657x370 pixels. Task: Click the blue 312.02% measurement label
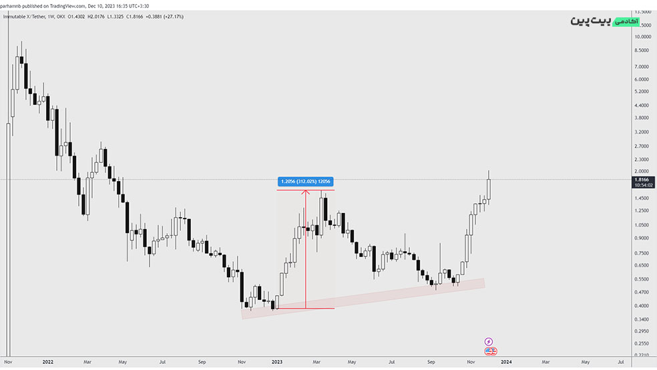click(x=305, y=182)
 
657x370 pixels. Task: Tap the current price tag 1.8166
click(x=642, y=180)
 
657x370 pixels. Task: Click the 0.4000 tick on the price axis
click(x=642, y=306)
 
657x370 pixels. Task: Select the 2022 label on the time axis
click(x=47, y=362)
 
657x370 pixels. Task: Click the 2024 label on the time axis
click(x=507, y=362)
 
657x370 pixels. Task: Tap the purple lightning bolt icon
click(x=489, y=341)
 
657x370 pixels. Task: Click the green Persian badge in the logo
click(x=626, y=21)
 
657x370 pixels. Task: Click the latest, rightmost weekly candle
click(x=489, y=189)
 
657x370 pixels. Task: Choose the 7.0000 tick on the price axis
click(x=642, y=67)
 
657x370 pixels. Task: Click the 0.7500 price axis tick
click(x=642, y=253)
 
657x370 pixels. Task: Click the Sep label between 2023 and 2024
click(x=432, y=362)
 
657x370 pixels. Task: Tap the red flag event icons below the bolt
click(x=491, y=351)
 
